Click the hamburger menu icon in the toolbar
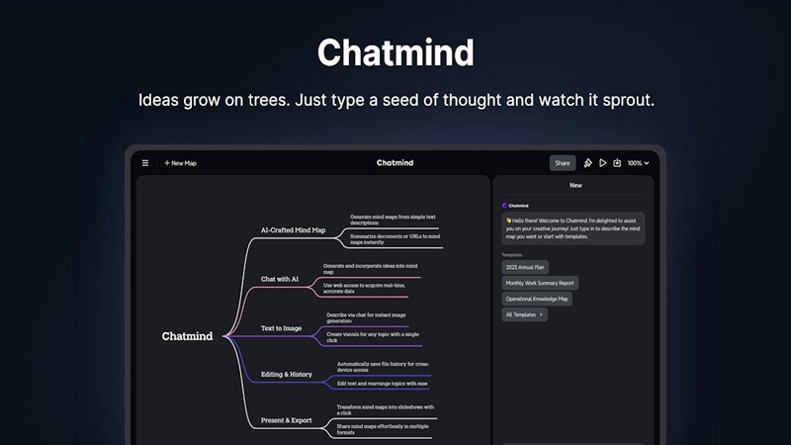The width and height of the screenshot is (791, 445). tap(145, 163)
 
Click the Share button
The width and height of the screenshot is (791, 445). tap(563, 163)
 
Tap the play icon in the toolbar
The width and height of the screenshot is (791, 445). tap(603, 163)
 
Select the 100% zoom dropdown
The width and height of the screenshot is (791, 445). tap(638, 163)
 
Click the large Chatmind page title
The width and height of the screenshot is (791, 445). tap(395, 52)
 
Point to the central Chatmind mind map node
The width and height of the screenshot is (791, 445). tap(187, 336)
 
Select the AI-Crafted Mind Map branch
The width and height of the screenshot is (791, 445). tap(293, 230)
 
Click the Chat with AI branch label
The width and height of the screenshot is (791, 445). tap(280, 279)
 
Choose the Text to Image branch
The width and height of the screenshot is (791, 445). tap(281, 327)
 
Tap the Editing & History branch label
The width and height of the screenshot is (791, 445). tap(286, 375)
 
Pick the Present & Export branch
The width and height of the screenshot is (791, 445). tap(286, 420)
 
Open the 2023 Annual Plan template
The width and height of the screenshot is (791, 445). tap(525, 267)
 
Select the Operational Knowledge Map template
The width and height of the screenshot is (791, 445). tap(537, 299)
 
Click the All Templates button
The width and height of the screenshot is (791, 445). tap(524, 314)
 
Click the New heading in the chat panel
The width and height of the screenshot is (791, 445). tap(575, 185)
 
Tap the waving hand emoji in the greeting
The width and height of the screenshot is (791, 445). tap(508, 221)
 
